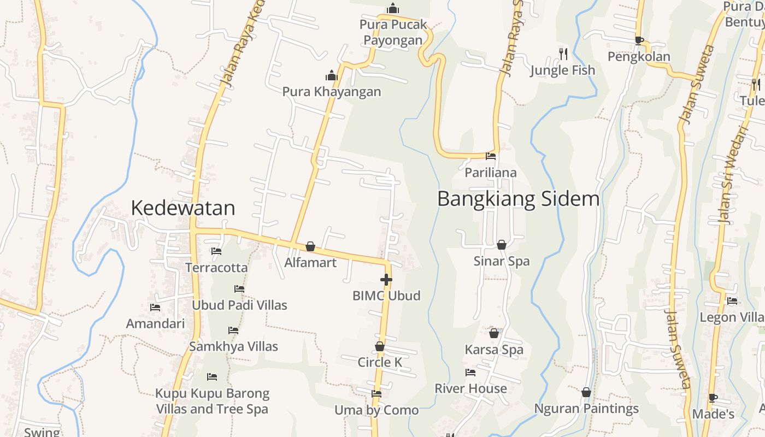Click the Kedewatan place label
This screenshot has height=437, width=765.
[183, 208]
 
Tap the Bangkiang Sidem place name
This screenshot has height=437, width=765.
[518, 199]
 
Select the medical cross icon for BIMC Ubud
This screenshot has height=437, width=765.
[386, 280]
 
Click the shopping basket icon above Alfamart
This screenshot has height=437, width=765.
[310, 247]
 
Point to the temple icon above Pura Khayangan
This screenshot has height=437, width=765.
[332, 75]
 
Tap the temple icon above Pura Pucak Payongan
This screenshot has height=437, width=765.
[392, 8]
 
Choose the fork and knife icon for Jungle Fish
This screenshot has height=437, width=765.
[563, 54]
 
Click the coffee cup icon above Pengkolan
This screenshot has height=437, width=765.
[639, 40]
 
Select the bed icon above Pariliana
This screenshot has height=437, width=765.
[491, 156]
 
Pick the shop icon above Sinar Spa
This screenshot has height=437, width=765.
[501, 245]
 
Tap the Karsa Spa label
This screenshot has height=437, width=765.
[494, 350]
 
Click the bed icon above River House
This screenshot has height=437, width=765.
[470, 373]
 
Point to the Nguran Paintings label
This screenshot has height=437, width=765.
[586, 409]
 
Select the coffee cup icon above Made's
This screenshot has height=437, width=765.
[713, 398]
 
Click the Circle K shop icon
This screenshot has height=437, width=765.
[380, 346]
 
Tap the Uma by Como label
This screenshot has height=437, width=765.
[376, 410]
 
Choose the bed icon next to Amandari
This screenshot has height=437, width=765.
[155, 308]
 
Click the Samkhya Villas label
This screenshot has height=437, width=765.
[233, 346]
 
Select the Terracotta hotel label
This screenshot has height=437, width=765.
[216, 268]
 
